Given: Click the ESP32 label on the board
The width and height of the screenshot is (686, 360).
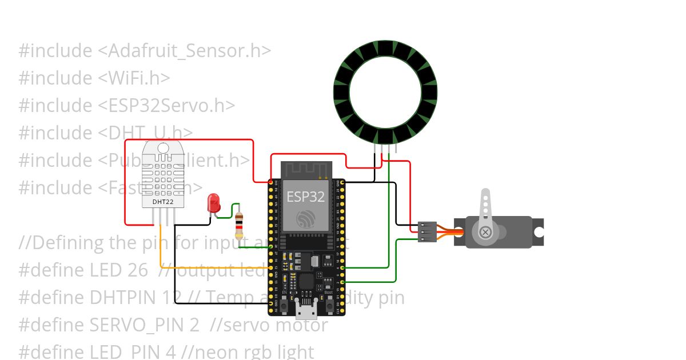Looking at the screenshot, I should (305, 197).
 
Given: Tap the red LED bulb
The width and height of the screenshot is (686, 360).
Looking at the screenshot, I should (214, 203).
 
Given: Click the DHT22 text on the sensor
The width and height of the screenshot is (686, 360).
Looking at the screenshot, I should (163, 201).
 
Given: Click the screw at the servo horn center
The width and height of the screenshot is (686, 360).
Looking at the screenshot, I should (485, 232).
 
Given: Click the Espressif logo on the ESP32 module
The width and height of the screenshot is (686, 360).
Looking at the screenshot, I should (305, 218).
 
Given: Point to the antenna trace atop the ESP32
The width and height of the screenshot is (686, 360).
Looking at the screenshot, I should (306, 170).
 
